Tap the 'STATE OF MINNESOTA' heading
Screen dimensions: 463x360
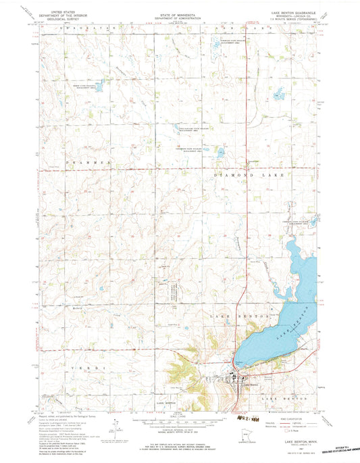[x=180, y=6]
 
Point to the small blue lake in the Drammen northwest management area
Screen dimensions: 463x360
[x=100, y=87]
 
